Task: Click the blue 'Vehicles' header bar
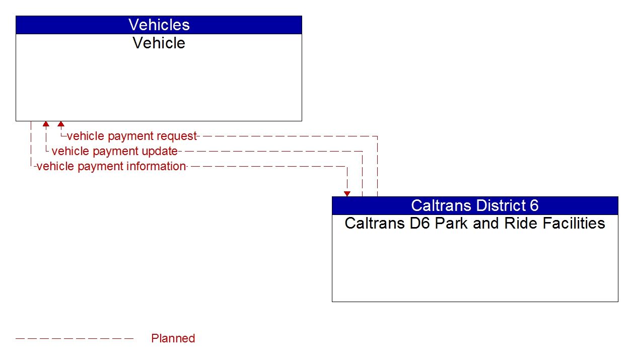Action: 159,25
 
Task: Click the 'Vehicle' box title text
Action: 159,43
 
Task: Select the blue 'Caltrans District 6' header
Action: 474,205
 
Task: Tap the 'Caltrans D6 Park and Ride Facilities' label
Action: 474,223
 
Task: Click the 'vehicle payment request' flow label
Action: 131,136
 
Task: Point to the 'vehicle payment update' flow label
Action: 114,151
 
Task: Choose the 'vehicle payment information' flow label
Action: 111,166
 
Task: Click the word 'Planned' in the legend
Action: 173,338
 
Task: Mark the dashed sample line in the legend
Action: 75,338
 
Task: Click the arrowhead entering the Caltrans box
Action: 347,194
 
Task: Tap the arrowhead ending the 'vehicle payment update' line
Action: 46,124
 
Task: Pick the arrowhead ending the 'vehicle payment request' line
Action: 61,124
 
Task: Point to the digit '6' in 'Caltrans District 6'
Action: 534,205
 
